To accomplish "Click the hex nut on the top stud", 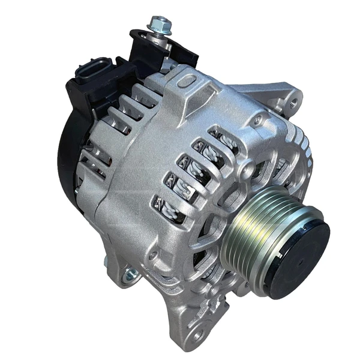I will click(x=160, y=25).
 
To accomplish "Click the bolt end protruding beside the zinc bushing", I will click(x=109, y=263).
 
